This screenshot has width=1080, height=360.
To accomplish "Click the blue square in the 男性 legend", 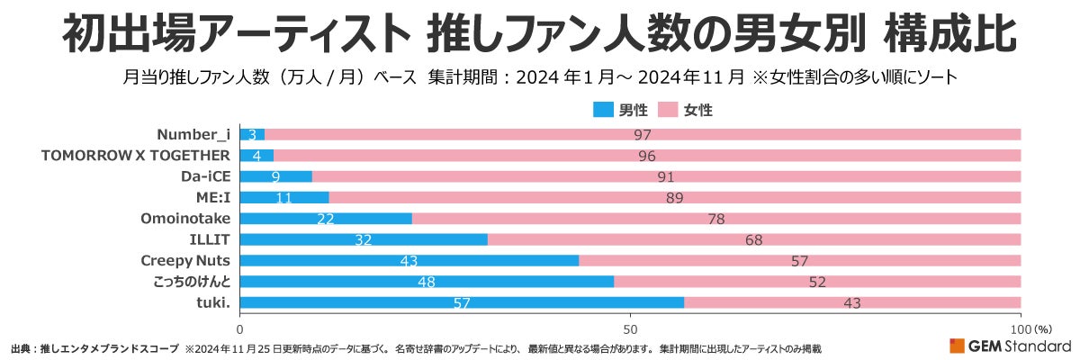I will [601, 110].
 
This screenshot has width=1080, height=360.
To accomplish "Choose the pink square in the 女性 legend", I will [667, 110].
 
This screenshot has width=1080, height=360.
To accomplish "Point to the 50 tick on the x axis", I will [630, 329].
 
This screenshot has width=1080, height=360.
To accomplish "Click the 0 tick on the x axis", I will [240, 329].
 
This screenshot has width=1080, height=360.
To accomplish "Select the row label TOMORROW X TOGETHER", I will [136, 156].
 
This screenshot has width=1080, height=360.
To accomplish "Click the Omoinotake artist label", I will [185, 219].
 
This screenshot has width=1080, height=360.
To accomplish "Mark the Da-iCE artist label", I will [206, 176].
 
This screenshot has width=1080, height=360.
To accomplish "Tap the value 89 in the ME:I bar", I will [674, 198].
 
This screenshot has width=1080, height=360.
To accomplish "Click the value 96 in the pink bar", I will [646, 156].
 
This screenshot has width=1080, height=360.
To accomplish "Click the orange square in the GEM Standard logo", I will [957, 346].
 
